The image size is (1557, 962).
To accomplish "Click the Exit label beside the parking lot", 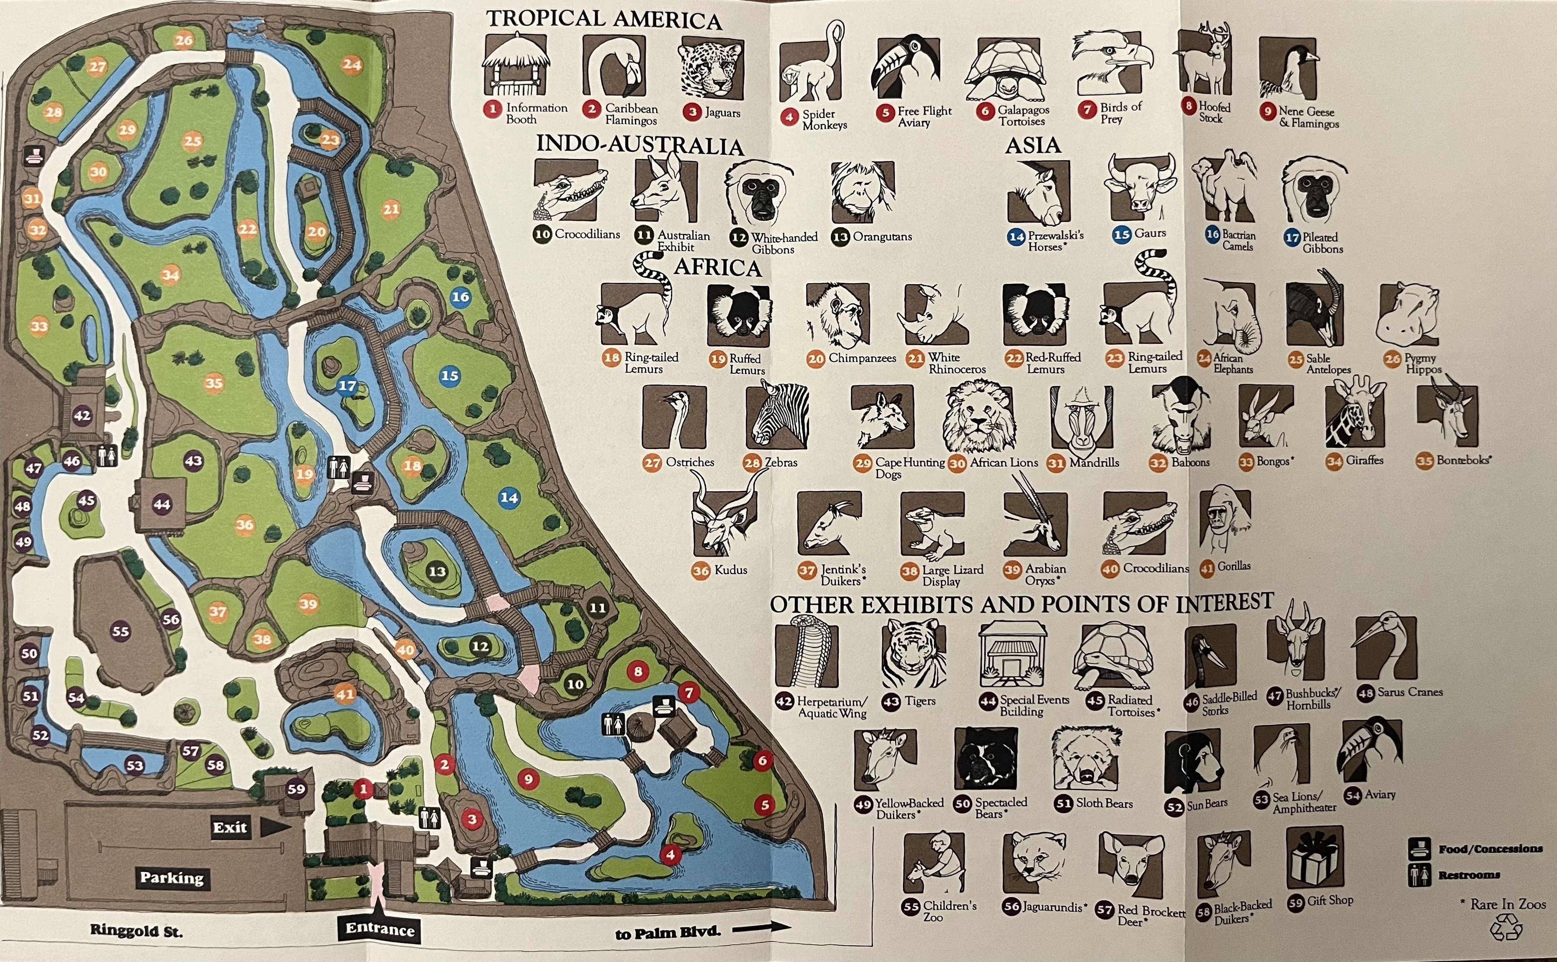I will point(230,827).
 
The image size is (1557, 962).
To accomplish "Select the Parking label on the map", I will point(172,878).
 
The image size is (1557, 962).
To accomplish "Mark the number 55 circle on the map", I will point(120,631).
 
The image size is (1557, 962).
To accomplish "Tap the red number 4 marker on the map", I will point(670,855).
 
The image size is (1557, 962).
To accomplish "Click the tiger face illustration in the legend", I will point(913,655).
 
